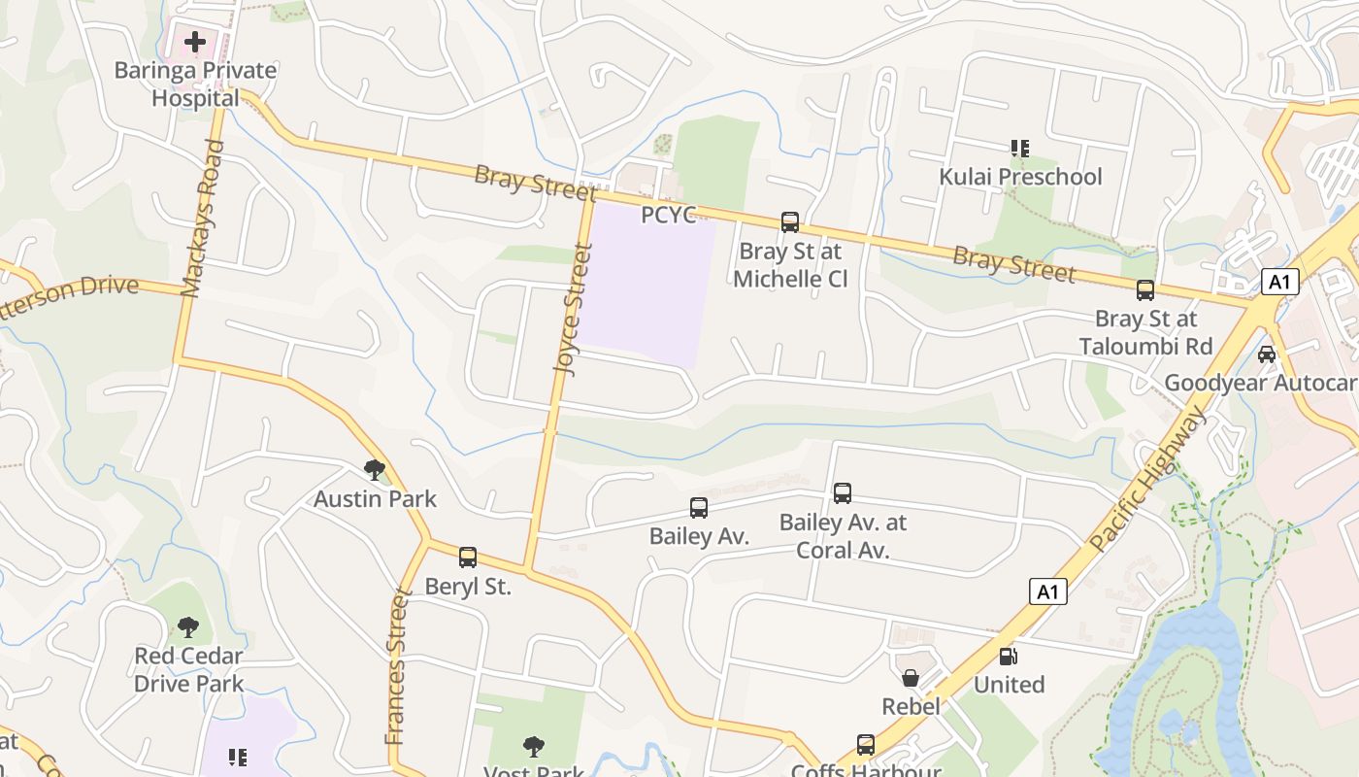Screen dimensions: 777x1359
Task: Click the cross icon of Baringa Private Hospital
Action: click(x=195, y=42)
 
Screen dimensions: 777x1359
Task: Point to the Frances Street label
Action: click(x=397, y=665)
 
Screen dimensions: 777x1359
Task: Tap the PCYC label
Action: click(x=669, y=215)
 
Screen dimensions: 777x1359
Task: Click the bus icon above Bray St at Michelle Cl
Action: click(x=790, y=222)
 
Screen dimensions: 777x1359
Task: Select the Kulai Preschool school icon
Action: click(x=1019, y=149)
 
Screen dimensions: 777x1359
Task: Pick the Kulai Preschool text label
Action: click(x=1020, y=177)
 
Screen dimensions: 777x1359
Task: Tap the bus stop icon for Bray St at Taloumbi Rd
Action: click(x=1145, y=290)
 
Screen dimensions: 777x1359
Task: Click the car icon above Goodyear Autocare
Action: click(x=1267, y=355)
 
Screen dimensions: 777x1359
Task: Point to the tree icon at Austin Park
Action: click(x=375, y=471)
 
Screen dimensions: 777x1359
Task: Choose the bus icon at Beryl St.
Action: click(x=468, y=557)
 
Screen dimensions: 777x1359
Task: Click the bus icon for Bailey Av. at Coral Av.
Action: click(x=843, y=493)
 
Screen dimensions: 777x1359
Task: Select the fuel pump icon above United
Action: click(x=1009, y=657)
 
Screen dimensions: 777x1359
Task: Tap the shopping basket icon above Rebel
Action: click(x=911, y=678)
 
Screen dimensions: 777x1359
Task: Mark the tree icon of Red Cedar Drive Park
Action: click(x=188, y=627)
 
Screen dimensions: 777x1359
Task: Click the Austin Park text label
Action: click(x=375, y=499)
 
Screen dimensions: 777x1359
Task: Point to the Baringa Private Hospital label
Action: click(x=195, y=84)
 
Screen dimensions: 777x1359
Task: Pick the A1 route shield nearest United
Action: click(x=1047, y=591)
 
